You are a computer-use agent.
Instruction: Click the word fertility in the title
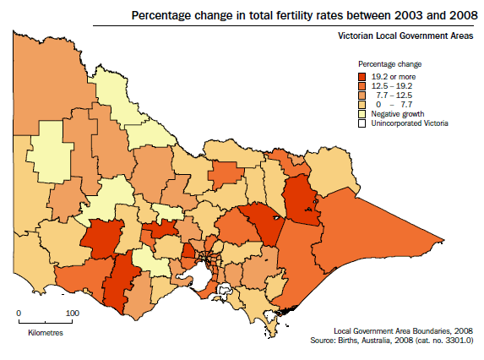[278, 15]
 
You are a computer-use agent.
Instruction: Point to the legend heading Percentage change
[389, 64]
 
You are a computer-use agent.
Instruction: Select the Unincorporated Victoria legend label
[411, 123]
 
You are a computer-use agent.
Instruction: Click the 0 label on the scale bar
[19, 313]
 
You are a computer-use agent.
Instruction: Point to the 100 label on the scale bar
[72, 313]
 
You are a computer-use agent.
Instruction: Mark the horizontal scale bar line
[46, 322]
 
